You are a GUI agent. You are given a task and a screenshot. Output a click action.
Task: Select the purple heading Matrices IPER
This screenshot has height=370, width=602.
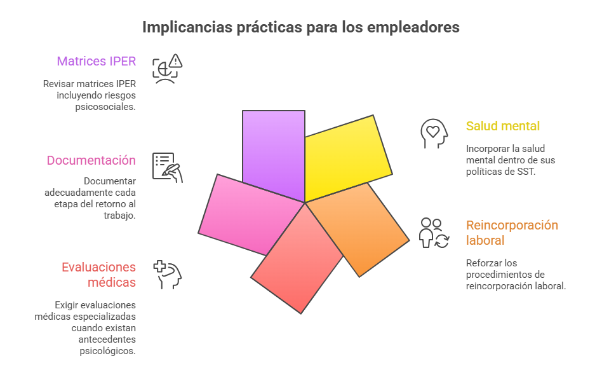(x=97, y=61)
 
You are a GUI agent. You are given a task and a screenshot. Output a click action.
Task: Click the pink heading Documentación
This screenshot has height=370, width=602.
(x=91, y=160)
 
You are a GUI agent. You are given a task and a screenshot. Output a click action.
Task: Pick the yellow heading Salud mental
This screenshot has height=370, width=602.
(x=503, y=126)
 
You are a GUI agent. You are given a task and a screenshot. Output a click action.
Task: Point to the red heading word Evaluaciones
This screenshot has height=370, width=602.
(x=98, y=267)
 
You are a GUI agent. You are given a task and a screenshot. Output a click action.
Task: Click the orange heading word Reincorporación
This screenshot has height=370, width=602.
(x=512, y=225)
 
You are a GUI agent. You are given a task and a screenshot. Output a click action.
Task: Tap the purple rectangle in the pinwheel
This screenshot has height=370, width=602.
(x=274, y=154)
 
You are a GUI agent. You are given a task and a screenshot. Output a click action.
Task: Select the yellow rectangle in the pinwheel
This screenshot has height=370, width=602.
(x=345, y=157)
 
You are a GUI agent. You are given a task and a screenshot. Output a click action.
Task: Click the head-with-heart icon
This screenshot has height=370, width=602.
(x=434, y=134)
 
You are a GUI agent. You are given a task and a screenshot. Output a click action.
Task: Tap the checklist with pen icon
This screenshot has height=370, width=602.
(x=168, y=168)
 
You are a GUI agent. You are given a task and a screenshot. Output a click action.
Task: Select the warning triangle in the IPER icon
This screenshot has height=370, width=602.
(x=175, y=60)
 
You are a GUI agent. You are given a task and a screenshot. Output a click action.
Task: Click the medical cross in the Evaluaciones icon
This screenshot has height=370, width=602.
(x=159, y=266)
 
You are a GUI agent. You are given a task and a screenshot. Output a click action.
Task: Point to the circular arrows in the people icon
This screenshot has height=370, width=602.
(x=442, y=242)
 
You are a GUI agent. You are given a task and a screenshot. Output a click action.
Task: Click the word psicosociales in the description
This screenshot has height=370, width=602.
(x=105, y=107)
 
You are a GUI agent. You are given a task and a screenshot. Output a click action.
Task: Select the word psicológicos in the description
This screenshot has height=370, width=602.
(x=107, y=351)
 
